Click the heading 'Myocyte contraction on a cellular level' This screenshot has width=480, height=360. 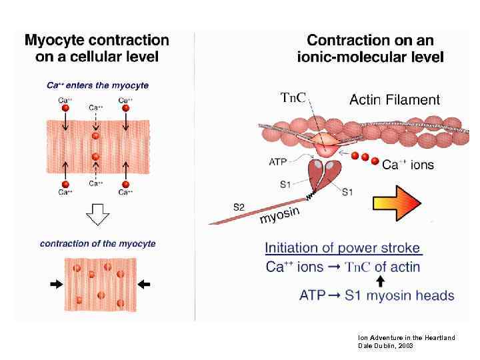point(97,48)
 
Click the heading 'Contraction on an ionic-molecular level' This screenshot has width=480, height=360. point(370,48)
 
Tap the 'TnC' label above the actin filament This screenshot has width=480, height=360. point(293,98)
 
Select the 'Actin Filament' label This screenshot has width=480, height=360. point(395,100)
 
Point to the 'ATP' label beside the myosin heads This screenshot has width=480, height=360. point(279,161)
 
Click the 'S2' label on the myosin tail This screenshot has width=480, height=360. point(239,207)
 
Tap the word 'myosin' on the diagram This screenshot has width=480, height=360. point(279,215)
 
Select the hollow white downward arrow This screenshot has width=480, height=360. point(98,215)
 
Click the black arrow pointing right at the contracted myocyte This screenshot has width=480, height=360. point(56,284)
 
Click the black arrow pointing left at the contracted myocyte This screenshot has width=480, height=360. point(143,284)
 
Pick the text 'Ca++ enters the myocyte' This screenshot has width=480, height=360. point(97,85)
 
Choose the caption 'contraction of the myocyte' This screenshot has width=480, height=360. point(98,243)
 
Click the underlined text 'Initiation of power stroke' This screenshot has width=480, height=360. point(343,248)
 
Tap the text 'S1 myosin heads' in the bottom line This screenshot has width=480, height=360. point(399,295)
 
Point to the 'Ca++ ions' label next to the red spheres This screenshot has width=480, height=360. point(407,165)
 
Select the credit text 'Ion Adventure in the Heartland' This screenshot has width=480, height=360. point(406,338)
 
